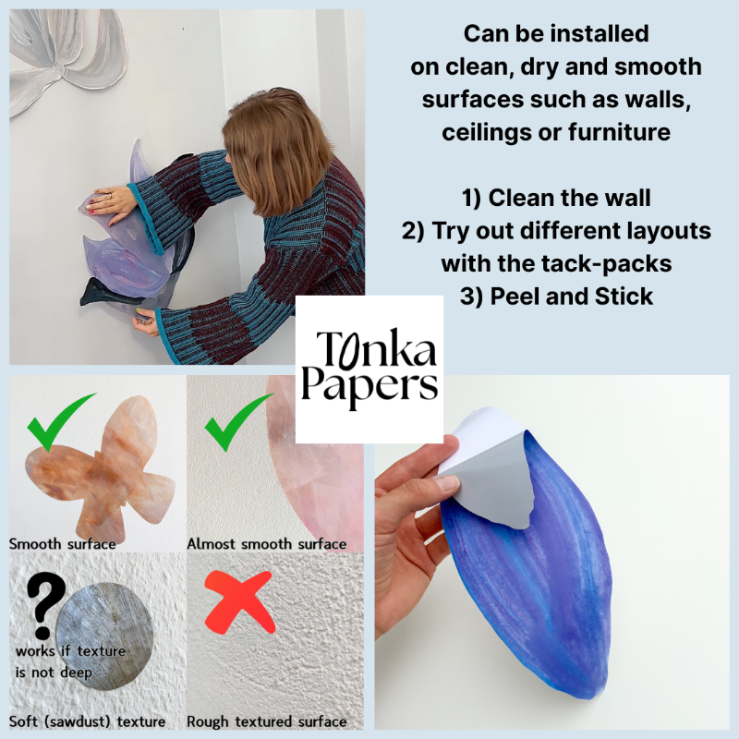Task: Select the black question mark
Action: [x=43, y=604]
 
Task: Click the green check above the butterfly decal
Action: [x=60, y=419]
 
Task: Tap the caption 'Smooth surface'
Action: [x=63, y=543]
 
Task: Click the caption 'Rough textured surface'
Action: [x=267, y=721]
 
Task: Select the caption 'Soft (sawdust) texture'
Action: [x=88, y=721]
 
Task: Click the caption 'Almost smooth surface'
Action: [x=267, y=543]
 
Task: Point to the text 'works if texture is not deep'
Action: [x=69, y=661]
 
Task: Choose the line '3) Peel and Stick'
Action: [x=557, y=297]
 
